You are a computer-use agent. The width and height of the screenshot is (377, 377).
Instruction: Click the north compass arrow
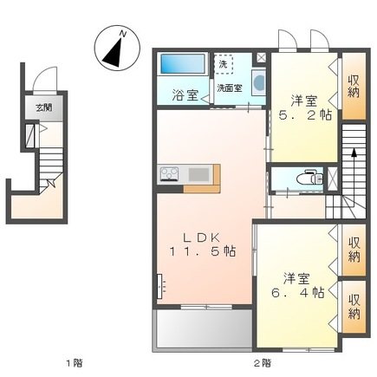point(115,49)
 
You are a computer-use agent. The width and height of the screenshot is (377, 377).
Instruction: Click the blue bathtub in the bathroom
point(182,66)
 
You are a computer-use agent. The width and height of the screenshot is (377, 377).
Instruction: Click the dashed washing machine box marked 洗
point(224,65)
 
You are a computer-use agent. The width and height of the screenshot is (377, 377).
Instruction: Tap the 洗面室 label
point(229,88)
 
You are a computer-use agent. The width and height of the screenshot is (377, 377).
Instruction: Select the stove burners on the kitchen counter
point(169,175)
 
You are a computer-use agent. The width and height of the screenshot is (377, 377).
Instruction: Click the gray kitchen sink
point(198,175)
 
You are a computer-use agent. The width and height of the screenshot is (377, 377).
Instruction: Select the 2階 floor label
point(263,362)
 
